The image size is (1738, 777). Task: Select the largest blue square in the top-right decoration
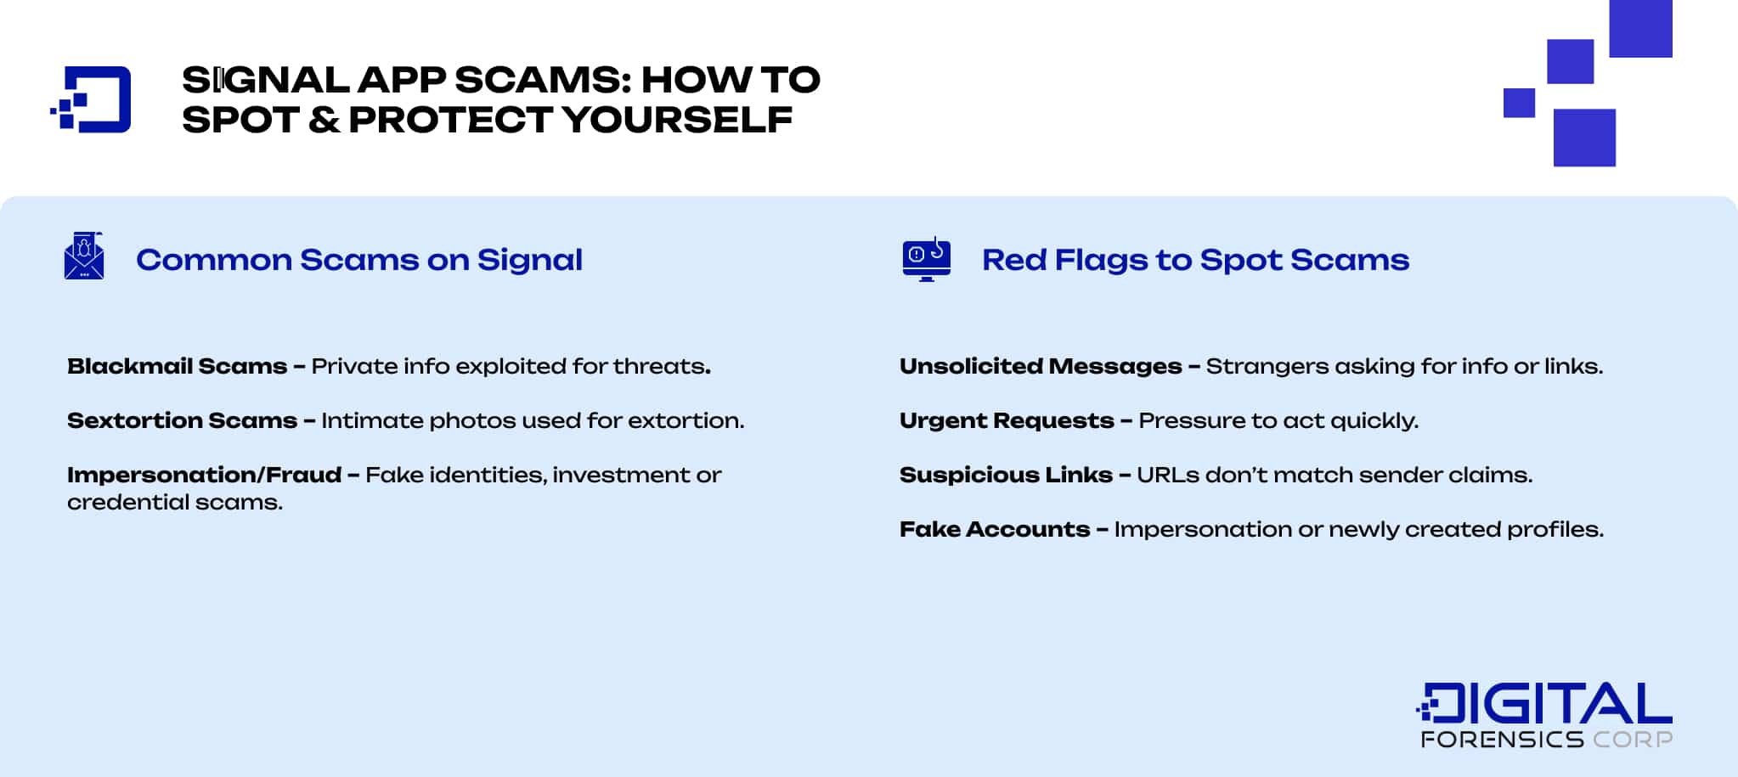click(1640, 28)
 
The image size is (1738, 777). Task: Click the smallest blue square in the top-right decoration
click(1519, 103)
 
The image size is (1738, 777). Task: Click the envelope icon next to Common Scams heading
click(84, 256)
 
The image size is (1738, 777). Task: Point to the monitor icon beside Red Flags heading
click(926, 259)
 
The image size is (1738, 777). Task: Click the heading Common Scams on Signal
click(358, 260)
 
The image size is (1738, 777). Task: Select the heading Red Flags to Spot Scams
click(1195, 260)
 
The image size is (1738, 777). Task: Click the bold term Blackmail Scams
click(177, 366)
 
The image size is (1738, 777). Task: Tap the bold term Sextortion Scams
click(182, 420)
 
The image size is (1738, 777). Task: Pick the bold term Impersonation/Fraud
click(204, 475)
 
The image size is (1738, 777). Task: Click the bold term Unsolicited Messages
click(1041, 366)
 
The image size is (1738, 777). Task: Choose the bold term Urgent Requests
click(1007, 420)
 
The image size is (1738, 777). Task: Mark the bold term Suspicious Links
click(1006, 475)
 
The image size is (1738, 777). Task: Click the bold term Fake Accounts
click(995, 529)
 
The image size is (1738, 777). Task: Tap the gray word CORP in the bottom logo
click(1633, 740)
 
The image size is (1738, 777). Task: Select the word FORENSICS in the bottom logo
click(1502, 740)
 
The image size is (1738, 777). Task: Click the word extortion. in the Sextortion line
click(686, 420)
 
